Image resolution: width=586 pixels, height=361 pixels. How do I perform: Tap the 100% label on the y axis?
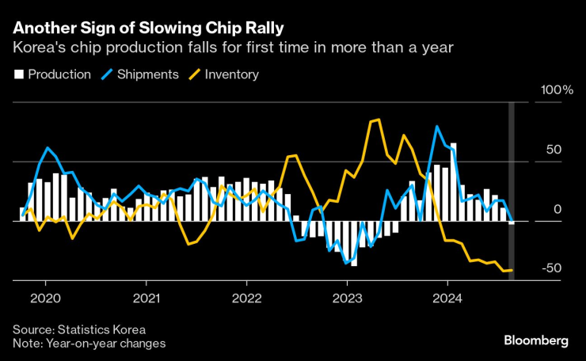pos(556,91)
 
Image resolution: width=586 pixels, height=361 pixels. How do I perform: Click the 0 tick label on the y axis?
pos(557,209)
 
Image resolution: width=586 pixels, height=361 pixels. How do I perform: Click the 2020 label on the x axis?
pos(45,299)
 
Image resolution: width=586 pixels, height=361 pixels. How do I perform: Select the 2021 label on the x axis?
pos(146,299)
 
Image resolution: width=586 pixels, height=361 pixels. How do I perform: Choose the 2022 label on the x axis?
pos(246,299)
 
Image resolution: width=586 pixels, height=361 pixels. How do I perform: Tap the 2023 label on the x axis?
pos(347,299)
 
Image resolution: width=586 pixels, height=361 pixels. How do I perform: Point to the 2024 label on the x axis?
pos(447,299)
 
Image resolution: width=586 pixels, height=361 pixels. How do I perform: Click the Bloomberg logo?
pos(536,340)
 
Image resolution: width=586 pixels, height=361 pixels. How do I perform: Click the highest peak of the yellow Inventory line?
pos(379,120)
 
